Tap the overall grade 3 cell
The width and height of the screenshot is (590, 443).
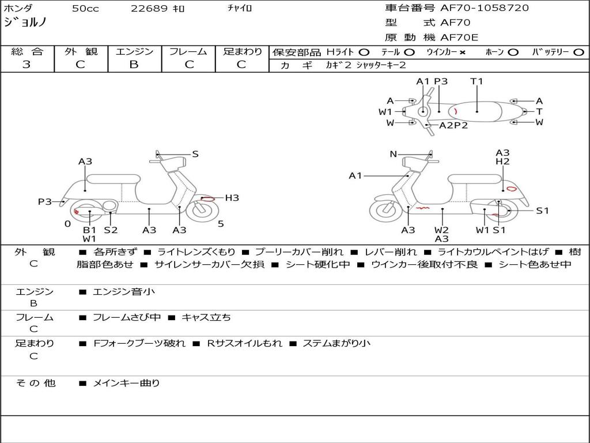[x=27, y=65]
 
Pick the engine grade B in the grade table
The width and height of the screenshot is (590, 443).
[x=134, y=65]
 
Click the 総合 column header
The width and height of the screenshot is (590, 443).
[x=27, y=52]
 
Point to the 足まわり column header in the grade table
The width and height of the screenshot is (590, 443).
[x=242, y=52]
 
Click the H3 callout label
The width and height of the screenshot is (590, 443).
[x=232, y=198]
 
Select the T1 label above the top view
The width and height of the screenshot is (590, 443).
[x=476, y=81]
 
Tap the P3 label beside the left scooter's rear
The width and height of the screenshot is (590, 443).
[x=45, y=201]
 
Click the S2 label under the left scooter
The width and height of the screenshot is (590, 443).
[x=111, y=230]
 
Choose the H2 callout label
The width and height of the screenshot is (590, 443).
[x=502, y=162]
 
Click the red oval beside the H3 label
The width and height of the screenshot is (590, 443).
[x=209, y=198]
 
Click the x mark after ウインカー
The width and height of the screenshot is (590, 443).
[x=462, y=52]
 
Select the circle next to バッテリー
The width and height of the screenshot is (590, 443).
[x=578, y=52]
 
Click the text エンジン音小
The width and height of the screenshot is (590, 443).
[x=124, y=292]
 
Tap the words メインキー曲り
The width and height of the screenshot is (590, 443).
[x=126, y=383]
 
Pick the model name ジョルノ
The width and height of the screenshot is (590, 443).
[x=25, y=22]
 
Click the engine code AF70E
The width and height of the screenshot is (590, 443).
[x=459, y=37]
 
